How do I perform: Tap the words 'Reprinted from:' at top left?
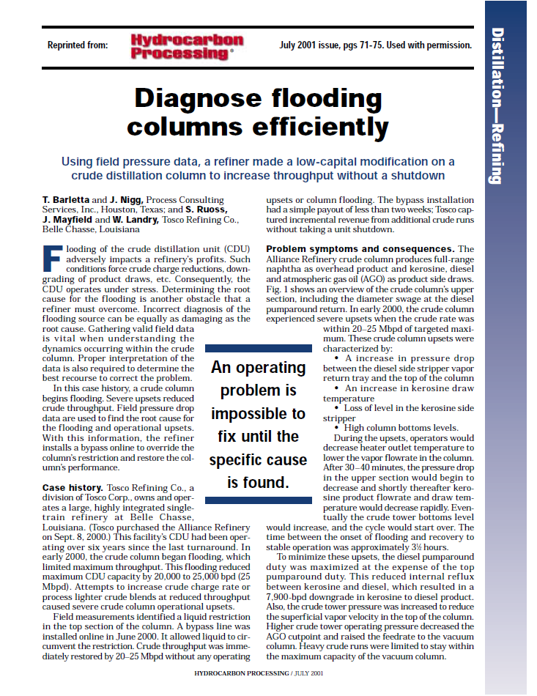coord(77,45)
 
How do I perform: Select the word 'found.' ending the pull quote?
coord(267,482)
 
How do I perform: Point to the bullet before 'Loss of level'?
coord(337,407)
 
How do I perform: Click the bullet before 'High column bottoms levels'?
coord(337,427)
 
